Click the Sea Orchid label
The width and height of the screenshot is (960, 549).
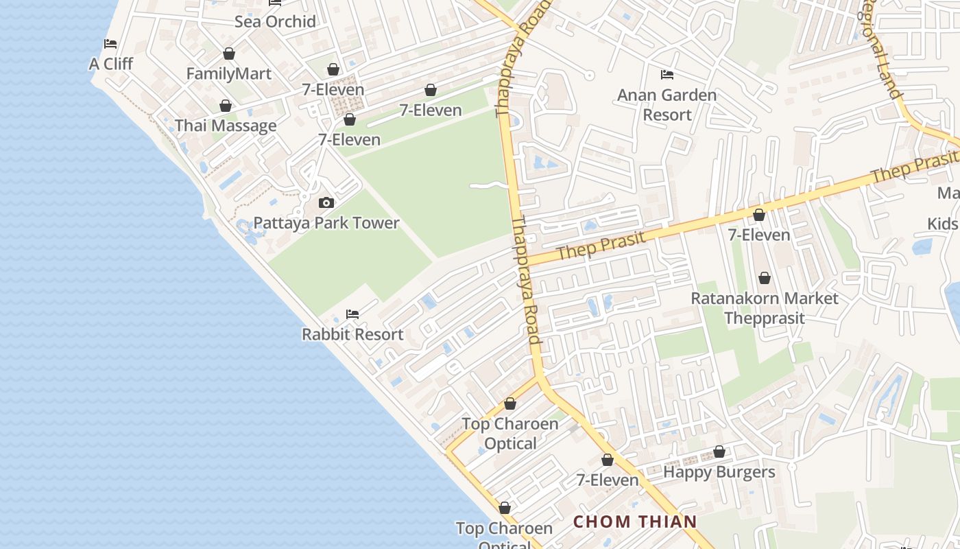click(275, 21)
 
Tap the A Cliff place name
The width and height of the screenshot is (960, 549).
click(111, 64)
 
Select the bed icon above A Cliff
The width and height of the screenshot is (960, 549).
click(110, 44)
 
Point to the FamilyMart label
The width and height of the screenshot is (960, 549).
click(229, 73)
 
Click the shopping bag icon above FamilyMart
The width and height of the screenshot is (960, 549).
click(229, 54)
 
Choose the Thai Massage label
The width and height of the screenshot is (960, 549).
click(226, 126)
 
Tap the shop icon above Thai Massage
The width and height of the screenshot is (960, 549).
click(225, 106)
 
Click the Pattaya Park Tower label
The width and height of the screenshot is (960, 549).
click(326, 223)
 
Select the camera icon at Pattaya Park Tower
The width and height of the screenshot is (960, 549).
click(326, 202)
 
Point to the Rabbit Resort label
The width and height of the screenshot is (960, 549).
click(352, 334)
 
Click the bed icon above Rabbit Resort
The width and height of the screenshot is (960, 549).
click(352, 314)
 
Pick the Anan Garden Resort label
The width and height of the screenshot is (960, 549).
click(667, 104)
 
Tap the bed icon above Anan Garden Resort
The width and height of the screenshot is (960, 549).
click(667, 74)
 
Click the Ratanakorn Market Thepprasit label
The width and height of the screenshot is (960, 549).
click(765, 308)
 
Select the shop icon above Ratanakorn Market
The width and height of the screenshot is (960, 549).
click(765, 278)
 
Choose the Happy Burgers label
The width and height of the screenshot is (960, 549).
click(719, 472)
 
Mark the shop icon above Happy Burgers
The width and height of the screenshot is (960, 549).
click(719, 452)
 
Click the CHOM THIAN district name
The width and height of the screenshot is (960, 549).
click(635, 522)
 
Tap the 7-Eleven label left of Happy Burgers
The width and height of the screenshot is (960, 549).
click(608, 480)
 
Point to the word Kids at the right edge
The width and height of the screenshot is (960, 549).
click(944, 224)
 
